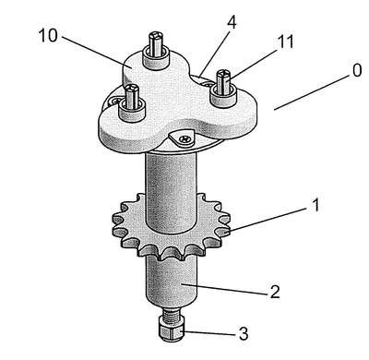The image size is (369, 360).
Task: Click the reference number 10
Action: tap(48, 35)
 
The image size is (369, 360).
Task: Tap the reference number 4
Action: tap(232, 21)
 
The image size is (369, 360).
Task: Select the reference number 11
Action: tap(285, 42)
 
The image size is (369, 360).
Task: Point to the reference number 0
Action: tap(357, 70)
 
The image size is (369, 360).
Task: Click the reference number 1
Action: tap(315, 205)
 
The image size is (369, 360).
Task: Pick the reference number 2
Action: tap(275, 292)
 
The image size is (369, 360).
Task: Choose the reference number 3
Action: tap(244, 333)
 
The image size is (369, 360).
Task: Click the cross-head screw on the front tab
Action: tap(185, 139)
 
